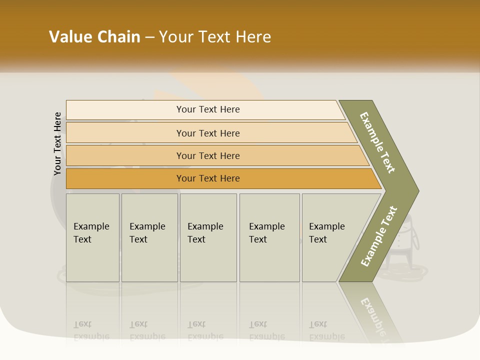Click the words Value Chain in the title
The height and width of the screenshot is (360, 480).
point(94,37)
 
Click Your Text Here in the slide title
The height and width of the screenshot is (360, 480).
point(215,37)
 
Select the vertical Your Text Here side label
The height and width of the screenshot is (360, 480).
point(57,143)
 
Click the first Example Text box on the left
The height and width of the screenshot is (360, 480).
point(92,237)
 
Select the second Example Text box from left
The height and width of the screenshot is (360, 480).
point(149,237)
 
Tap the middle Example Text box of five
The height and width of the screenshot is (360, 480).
point(208,237)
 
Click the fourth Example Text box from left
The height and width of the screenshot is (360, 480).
point(269,237)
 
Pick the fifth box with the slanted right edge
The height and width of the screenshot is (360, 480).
point(330,237)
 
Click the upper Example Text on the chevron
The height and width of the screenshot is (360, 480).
point(377,142)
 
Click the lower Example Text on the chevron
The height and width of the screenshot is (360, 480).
point(379,236)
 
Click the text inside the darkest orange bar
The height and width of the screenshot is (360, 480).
point(208,178)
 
